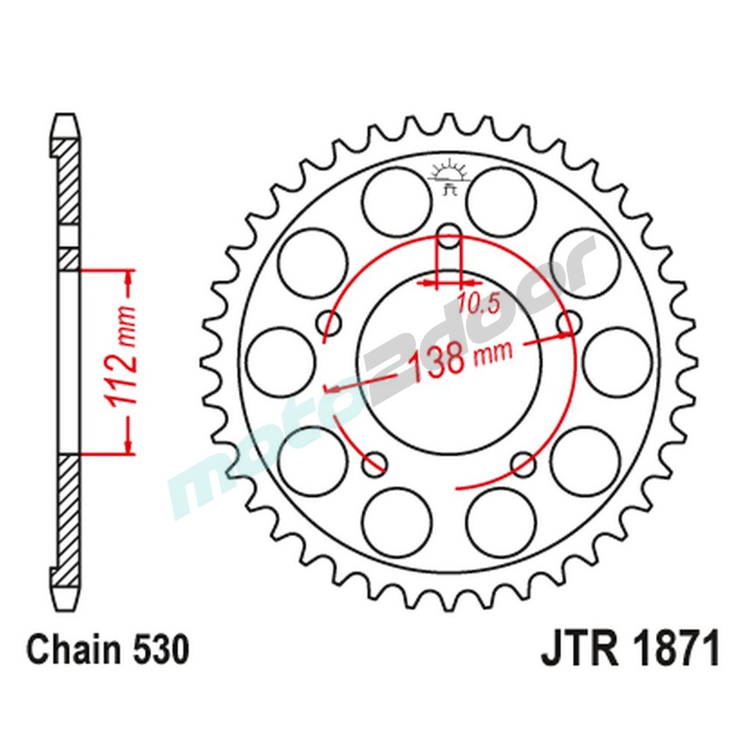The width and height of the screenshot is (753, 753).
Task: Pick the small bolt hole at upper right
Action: pos(569,322)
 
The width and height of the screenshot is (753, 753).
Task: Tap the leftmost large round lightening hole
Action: pos(281,362)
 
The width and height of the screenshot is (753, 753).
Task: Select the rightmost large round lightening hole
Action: pos(617,362)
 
